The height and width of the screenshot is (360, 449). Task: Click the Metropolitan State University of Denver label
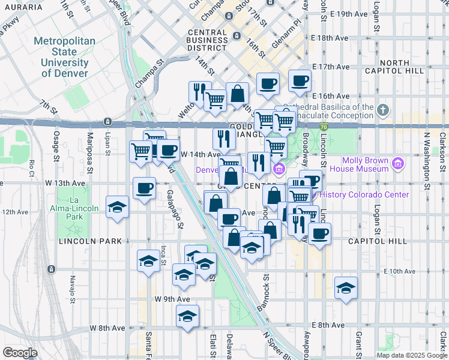tap(69, 57)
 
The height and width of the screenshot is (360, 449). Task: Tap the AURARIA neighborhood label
tap(22, 7)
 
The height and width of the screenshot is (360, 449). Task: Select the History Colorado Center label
tap(364, 194)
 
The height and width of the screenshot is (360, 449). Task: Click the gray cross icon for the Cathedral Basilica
tap(384, 110)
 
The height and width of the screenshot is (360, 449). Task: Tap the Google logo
tap(20, 352)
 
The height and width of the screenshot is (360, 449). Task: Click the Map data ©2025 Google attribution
tap(412, 355)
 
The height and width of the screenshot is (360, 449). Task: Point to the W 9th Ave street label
tap(172, 298)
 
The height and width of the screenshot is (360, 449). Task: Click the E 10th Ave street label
tap(399, 271)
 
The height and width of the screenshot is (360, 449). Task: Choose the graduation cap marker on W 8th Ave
tap(188, 316)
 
